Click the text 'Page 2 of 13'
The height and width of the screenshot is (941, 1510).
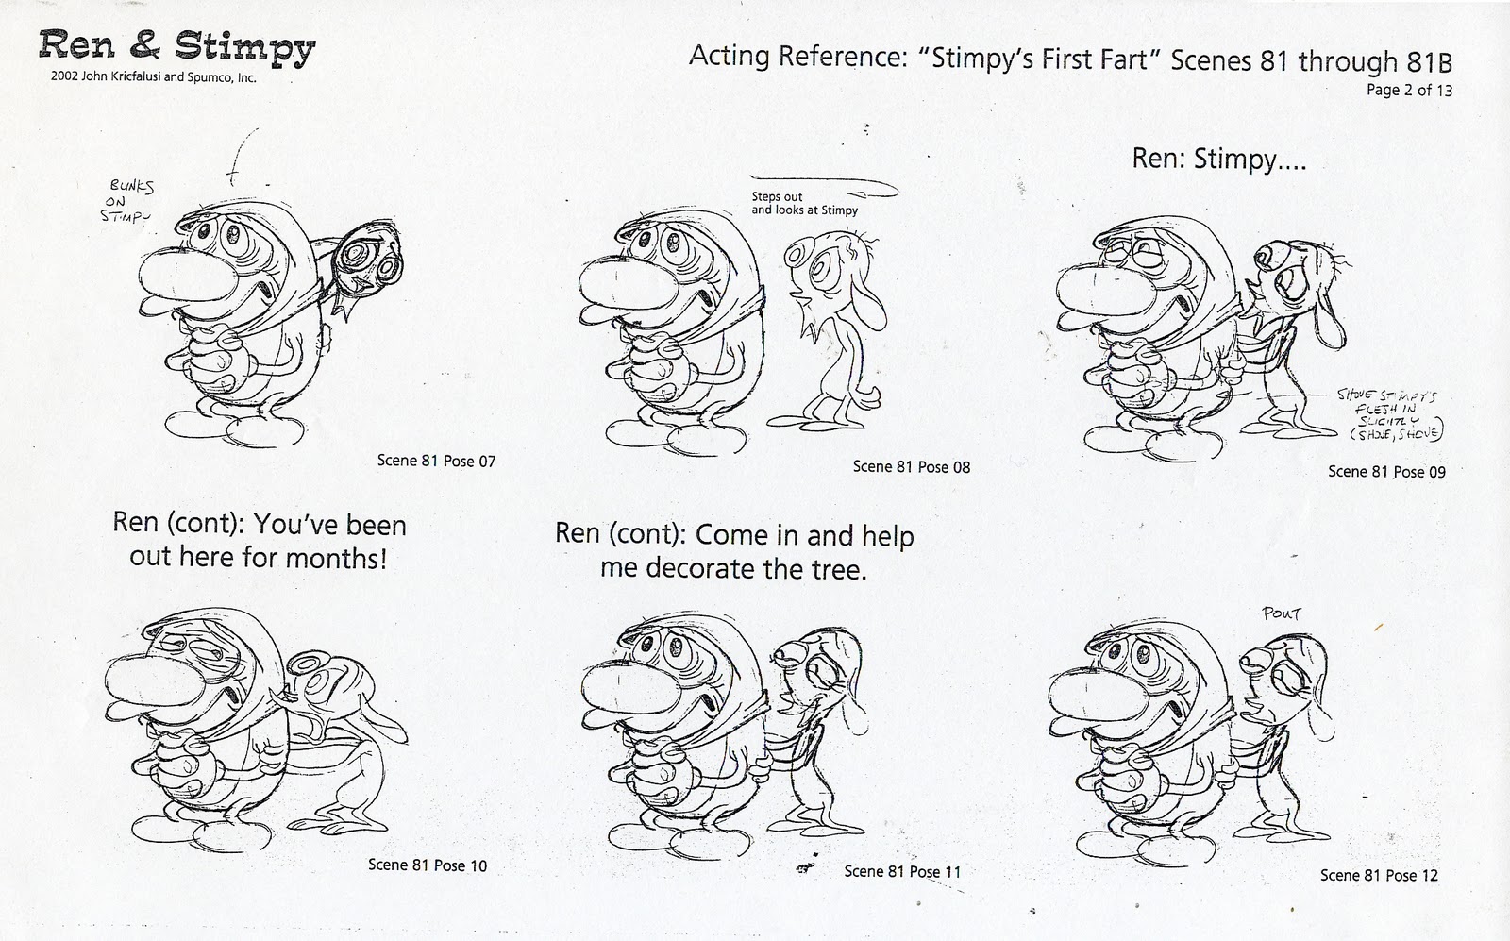pyautogui.click(x=1409, y=91)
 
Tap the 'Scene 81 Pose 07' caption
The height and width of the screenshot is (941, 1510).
pyautogui.click(x=436, y=461)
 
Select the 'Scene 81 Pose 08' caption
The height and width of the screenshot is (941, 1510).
pyautogui.click(x=911, y=466)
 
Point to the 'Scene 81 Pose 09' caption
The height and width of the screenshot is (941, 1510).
pyautogui.click(x=1386, y=471)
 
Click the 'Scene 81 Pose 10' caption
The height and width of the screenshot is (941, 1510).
pyautogui.click(x=428, y=865)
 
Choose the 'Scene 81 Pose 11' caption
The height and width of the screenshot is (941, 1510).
pyautogui.click(x=902, y=871)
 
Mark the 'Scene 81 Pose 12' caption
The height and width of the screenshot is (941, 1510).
pyautogui.click(x=1379, y=875)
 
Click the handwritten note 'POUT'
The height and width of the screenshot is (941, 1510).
pyautogui.click(x=1282, y=614)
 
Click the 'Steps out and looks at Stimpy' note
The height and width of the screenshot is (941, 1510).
pyautogui.click(x=804, y=204)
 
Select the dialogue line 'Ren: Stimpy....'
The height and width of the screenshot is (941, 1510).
pyautogui.click(x=1218, y=159)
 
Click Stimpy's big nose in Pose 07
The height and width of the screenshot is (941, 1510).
pyautogui.click(x=179, y=276)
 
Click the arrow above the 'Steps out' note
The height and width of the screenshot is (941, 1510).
pyautogui.click(x=821, y=185)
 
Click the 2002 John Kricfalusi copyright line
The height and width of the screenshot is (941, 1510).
pyautogui.click(x=147, y=78)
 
